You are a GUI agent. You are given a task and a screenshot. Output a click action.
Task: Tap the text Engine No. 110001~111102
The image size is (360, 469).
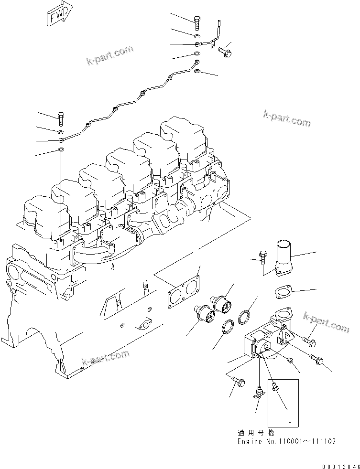[286, 441]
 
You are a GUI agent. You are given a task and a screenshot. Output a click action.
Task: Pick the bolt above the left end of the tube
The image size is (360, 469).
[61, 117]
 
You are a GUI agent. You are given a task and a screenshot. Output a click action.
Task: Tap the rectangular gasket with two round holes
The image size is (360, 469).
[183, 291]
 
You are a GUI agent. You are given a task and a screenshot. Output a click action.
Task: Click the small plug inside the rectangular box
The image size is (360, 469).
[274, 387]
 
